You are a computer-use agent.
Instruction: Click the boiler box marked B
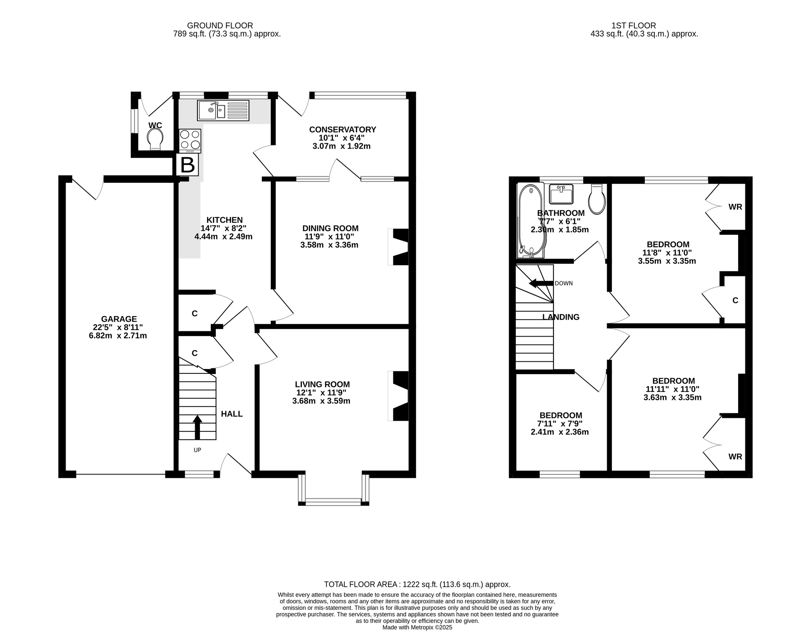click(x=187, y=165)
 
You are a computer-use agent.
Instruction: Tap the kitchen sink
click(x=223, y=110)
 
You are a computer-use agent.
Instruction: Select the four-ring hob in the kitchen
click(x=190, y=141)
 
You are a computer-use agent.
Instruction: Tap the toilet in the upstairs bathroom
click(x=597, y=199)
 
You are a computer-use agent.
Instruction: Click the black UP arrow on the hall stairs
click(x=197, y=428)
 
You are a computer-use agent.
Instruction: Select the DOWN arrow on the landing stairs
click(x=541, y=283)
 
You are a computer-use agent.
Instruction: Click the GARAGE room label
click(x=119, y=319)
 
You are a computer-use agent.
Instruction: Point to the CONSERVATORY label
click(x=342, y=129)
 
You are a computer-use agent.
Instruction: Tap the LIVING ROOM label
click(x=322, y=384)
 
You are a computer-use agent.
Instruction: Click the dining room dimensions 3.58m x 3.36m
click(x=329, y=245)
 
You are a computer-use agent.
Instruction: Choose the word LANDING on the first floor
click(x=561, y=317)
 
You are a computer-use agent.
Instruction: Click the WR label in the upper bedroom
click(x=735, y=207)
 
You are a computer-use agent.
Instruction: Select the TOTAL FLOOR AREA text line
click(x=417, y=584)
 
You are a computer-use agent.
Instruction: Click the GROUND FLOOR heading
click(x=220, y=26)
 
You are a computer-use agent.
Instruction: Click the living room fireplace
click(x=398, y=396)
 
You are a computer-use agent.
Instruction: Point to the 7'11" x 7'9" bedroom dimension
click(x=560, y=423)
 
